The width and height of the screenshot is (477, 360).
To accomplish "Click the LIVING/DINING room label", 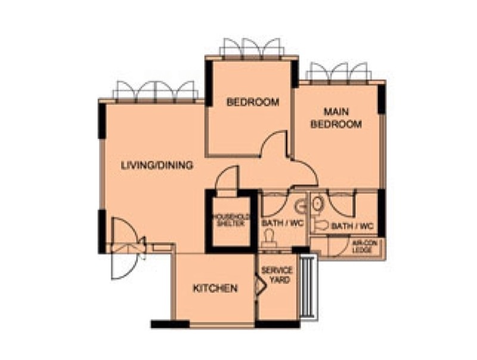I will tap(157, 165).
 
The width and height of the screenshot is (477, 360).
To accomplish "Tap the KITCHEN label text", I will tap(215, 288).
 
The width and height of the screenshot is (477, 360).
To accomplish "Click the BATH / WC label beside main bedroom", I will tap(352, 226).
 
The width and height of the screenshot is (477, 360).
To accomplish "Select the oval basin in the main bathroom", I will tap(317, 204).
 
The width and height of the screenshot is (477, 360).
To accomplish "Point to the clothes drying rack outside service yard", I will tap(308, 286).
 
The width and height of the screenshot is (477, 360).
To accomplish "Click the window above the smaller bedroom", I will tap(251, 48).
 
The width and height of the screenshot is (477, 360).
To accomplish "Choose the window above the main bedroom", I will tap(339, 72).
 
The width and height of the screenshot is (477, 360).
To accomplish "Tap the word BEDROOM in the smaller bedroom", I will tap(253, 102).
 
